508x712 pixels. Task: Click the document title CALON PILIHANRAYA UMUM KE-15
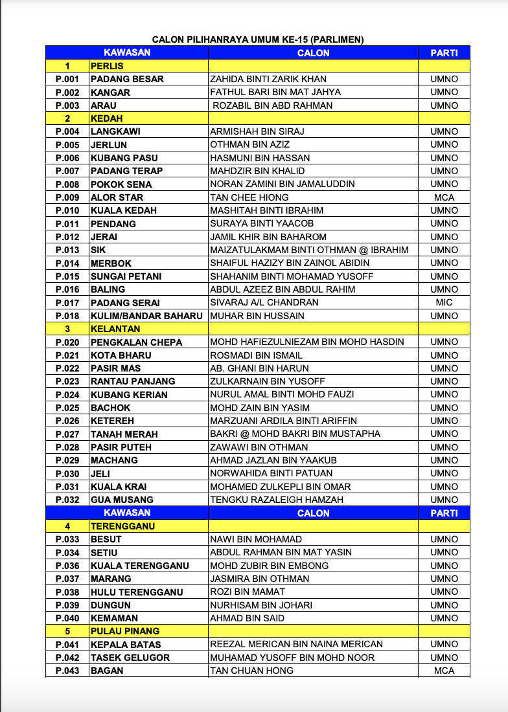point(258,39)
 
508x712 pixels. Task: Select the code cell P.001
point(67,79)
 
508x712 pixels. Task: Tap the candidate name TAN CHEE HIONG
point(249,197)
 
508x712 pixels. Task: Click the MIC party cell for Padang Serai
point(444,302)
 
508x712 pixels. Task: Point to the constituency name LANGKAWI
point(115,131)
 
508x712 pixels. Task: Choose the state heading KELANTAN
point(115,329)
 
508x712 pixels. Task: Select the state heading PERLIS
point(107,66)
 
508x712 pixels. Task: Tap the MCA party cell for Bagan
point(444,671)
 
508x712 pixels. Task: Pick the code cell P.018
point(67,316)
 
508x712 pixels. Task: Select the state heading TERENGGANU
point(123,526)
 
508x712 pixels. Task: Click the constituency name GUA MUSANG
point(122,500)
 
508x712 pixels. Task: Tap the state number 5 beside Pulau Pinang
point(67,631)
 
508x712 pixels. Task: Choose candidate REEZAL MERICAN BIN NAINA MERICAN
point(296,644)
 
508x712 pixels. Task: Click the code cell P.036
point(67,566)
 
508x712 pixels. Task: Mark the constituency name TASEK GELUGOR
point(130,658)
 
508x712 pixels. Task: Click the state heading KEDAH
point(107,118)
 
